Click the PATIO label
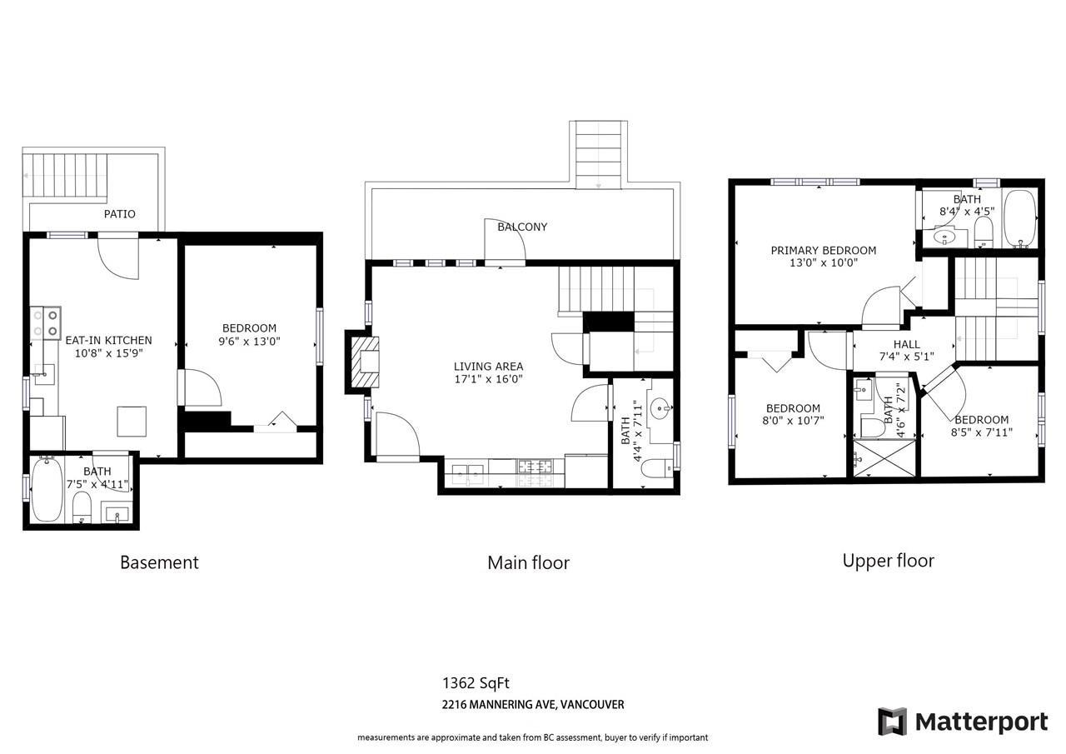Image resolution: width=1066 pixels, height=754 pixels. tap(119, 214)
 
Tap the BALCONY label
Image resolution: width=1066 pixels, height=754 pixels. tap(522, 227)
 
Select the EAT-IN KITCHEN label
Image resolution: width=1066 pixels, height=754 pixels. tap(108, 341)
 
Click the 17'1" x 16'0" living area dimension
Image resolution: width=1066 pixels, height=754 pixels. tap(488, 379)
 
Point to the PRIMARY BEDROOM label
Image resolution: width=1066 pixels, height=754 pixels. tap(824, 251)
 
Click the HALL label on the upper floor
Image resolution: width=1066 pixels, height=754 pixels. tap(907, 344)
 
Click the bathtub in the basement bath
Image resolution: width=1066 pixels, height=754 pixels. tap(47, 489)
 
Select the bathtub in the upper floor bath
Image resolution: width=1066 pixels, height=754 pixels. tap(1019, 218)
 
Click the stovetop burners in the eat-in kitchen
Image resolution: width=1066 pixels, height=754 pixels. tap(46, 323)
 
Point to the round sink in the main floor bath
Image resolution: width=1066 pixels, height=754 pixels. tap(660, 409)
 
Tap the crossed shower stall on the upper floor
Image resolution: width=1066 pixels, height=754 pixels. tap(884, 458)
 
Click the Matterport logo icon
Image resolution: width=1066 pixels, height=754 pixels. tap(892, 722)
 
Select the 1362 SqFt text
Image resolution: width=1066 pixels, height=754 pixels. tap(476, 683)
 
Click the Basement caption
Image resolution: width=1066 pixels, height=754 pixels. tap(159, 562)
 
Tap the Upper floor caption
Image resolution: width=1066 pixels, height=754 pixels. tap(888, 562)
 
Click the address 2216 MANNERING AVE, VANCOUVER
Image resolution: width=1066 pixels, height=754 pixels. tap(533, 705)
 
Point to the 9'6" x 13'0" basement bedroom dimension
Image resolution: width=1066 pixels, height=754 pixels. tap(249, 341)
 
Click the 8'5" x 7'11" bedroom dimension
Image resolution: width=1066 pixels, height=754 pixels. tap(981, 432)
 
